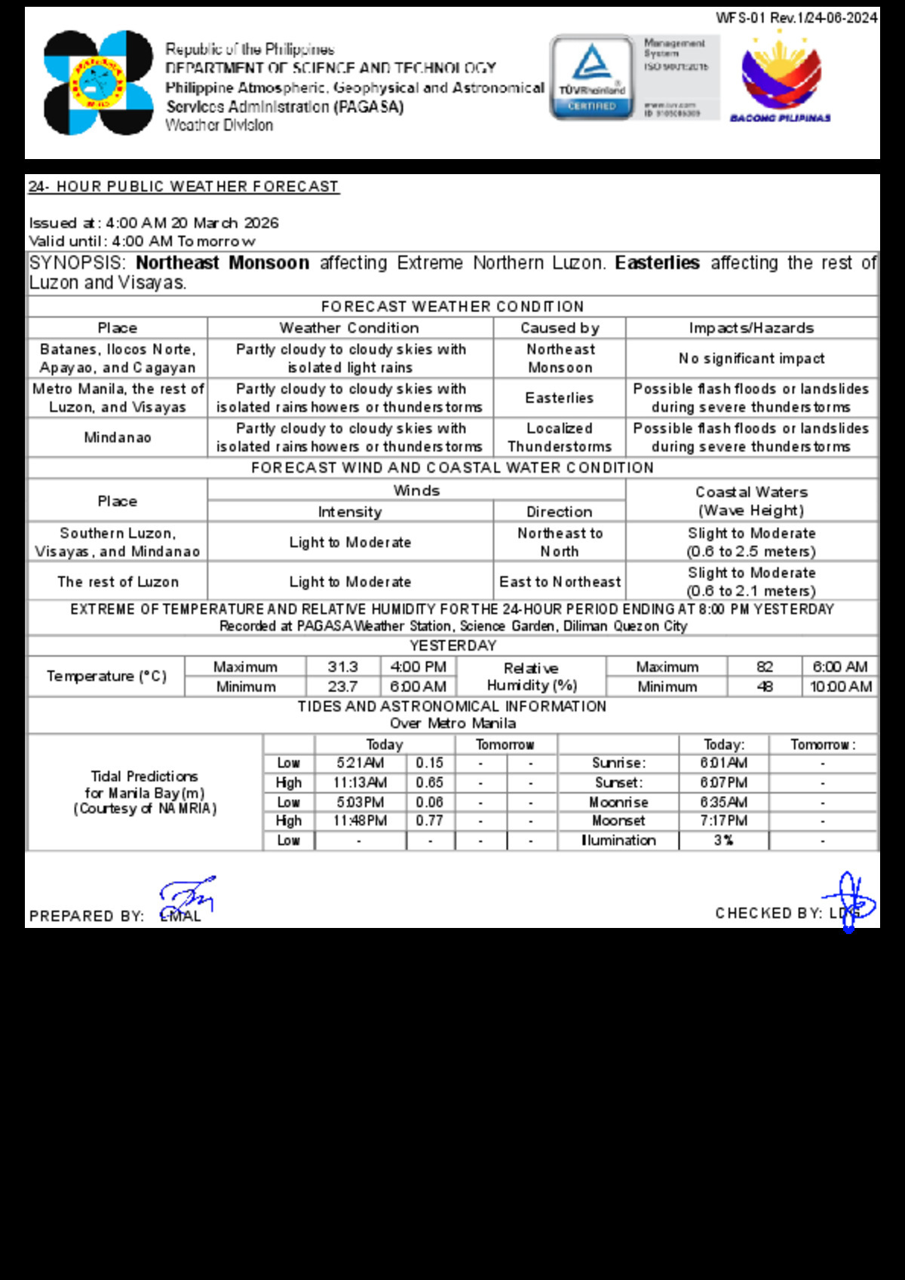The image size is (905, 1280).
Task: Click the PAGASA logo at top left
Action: click(99, 83)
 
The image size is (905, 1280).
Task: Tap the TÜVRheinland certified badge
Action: click(592, 78)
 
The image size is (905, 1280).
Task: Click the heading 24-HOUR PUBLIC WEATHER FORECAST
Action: click(183, 186)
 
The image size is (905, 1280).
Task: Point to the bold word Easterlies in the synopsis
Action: click(657, 263)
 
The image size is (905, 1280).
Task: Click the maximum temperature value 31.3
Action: click(342, 667)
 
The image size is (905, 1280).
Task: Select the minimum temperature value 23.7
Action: click(342, 687)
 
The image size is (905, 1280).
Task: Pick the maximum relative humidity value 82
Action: click(765, 667)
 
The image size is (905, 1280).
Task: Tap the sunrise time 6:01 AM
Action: click(723, 763)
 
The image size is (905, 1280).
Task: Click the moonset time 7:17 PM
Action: click(723, 820)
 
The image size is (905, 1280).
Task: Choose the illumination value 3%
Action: click(723, 840)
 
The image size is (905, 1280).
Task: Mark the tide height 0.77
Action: click(430, 820)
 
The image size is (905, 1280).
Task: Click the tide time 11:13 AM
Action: click(360, 782)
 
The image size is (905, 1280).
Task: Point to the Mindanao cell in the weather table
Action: click(118, 437)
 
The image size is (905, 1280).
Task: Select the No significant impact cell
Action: click(751, 359)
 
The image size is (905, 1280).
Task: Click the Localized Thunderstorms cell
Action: click(560, 437)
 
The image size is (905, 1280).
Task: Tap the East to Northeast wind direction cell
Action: click(560, 582)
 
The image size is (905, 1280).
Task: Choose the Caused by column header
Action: click(560, 328)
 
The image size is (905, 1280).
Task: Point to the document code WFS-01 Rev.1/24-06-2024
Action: click(796, 17)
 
